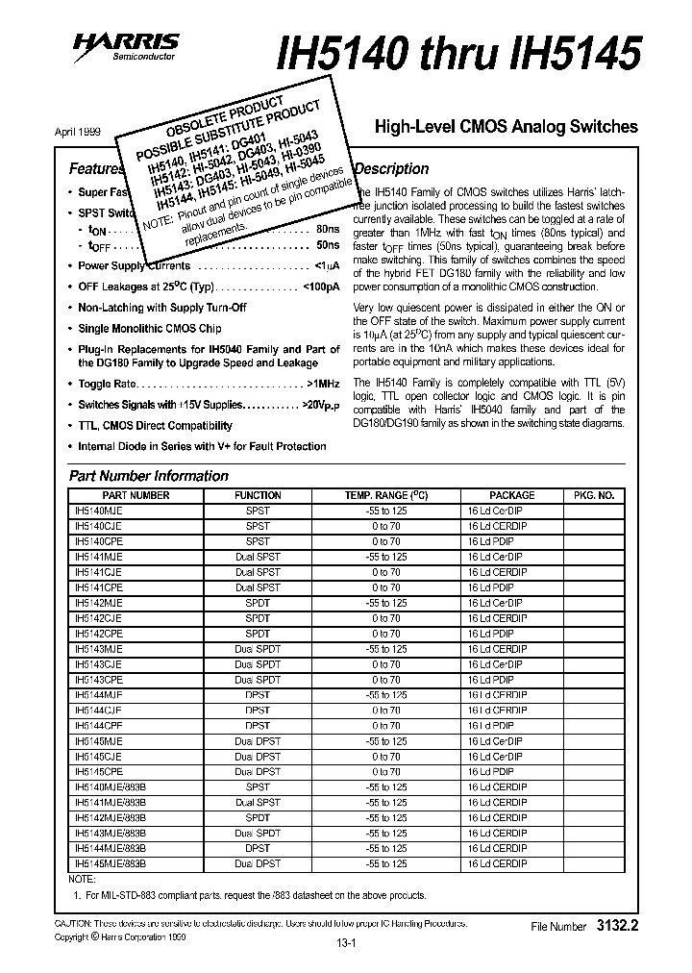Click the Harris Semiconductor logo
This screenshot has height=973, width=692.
pyautogui.click(x=131, y=46)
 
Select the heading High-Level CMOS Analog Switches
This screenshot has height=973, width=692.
pyautogui.click(x=506, y=126)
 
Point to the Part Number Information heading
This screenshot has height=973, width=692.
pyautogui.click(x=149, y=476)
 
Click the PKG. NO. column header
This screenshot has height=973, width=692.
pyautogui.click(x=593, y=495)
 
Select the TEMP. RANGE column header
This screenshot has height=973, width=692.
pyautogui.click(x=387, y=495)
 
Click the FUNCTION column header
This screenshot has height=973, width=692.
pyautogui.click(x=258, y=495)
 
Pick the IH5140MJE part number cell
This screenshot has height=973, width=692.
pyautogui.click(x=99, y=511)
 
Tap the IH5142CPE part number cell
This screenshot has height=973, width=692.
pyautogui.click(x=99, y=634)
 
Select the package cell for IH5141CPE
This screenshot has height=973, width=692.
pyautogui.click(x=490, y=587)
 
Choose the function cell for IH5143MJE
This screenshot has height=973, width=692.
pyautogui.click(x=258, y=649)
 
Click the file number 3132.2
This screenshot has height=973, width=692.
pyautogui.click(x=616, y=926)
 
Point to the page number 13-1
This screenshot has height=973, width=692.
pyautogui.click(x=345, y=943)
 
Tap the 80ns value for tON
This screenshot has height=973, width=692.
pyautogui.click(x=327, y=231)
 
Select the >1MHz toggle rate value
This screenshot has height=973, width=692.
pyautogui.click(x=320, y=384)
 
